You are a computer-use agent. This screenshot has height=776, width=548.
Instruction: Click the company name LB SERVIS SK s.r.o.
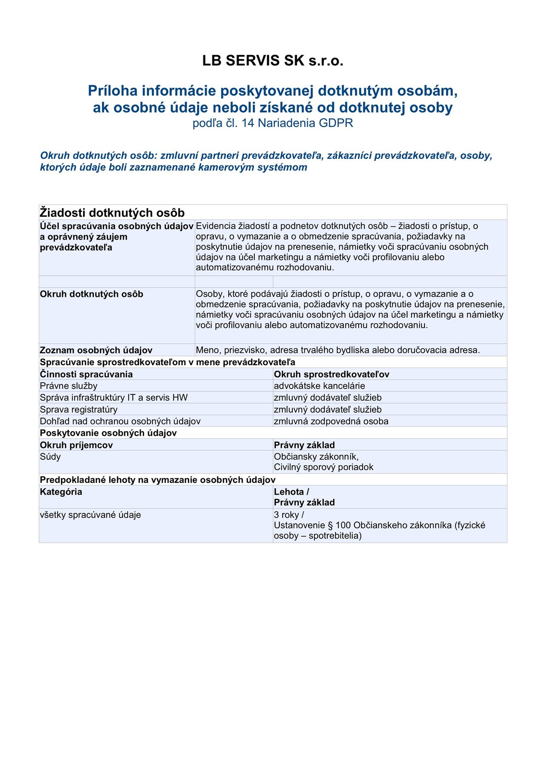pos(273,61)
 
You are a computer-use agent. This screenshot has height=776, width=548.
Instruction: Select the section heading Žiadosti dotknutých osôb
pos(112,213)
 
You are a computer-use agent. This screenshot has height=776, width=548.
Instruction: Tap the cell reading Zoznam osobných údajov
pos(96,350)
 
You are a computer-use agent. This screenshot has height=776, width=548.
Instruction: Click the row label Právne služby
pos(69,386)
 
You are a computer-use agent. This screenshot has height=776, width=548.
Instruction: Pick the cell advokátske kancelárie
pos(319,386)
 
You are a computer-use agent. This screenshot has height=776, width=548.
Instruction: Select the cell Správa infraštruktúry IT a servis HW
pos(114,398)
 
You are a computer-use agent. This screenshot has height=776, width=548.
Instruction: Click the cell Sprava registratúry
pos(79,409)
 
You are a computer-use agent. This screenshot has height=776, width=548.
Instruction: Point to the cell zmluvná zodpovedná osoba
pos(331,421)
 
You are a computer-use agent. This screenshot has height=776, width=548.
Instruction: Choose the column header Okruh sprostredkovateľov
pos(332,374)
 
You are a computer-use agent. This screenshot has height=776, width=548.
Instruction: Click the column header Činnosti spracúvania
pos(87,374)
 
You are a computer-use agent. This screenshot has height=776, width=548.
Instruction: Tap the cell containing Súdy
pos(50,457)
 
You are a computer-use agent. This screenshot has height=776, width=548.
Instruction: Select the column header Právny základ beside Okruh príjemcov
pos(304,445)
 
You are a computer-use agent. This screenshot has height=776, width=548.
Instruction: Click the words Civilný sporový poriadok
pos(324,467)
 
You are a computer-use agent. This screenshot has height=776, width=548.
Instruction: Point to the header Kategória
pos(61,492)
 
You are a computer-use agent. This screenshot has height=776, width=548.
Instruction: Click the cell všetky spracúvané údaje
pos(90,515)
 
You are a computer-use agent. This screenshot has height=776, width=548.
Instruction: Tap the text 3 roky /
pos(289,515)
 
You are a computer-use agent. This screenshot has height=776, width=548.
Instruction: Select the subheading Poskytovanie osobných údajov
pos(108,433)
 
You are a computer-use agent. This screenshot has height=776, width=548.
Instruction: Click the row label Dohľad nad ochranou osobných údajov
pos(120,421)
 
